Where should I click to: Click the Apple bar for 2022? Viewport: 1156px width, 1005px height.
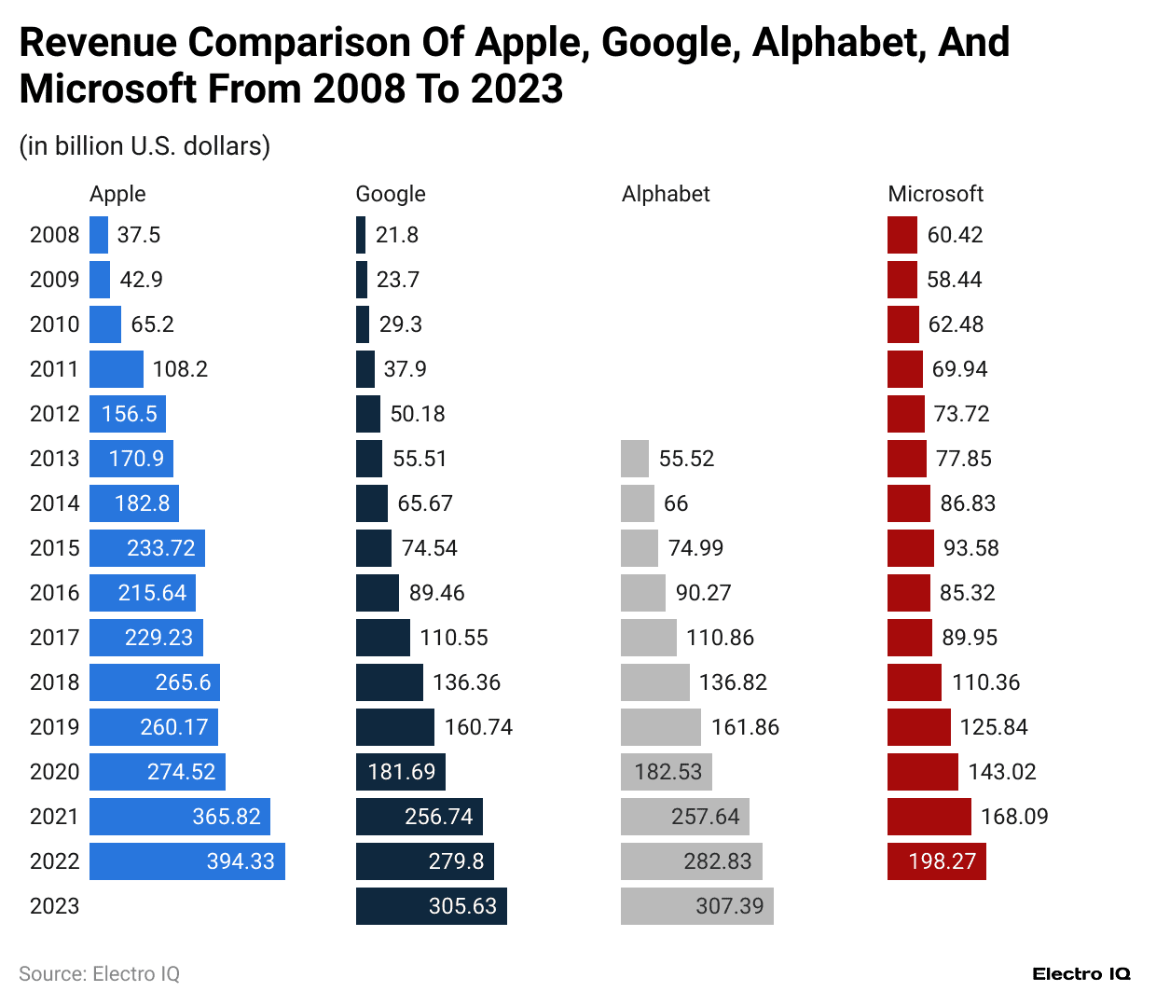point(186,861)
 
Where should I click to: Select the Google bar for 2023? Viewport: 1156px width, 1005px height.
point(431,906)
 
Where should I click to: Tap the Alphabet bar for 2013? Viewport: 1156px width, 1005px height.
point(635,459)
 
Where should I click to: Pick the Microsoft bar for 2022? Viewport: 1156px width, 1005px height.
point(936,861)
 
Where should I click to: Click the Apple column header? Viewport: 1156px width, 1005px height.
point(117,194)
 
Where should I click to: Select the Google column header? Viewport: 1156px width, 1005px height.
point(391,194)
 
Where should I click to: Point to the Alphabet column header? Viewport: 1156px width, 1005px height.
point(666,194)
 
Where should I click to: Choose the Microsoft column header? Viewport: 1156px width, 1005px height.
point(935,194)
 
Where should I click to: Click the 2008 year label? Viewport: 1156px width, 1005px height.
point(54,235)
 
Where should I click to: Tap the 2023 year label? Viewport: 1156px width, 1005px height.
point(54,906)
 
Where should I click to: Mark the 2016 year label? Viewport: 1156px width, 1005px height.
point(54,593)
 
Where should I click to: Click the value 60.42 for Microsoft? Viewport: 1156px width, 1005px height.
point(955,235)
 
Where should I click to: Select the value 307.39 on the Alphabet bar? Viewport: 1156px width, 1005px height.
point(729,906)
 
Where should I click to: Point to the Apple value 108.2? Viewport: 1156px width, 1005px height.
point(180,369)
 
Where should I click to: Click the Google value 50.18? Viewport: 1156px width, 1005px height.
point(418,414)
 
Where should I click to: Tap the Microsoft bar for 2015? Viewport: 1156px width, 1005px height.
point(910,548)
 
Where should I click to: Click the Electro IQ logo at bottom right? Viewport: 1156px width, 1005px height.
point(1080,974)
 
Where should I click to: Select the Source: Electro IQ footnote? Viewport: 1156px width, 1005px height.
point(99,974)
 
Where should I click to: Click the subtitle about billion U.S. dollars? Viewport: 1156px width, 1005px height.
point(144,146)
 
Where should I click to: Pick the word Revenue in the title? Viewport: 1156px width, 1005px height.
point(98,43)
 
